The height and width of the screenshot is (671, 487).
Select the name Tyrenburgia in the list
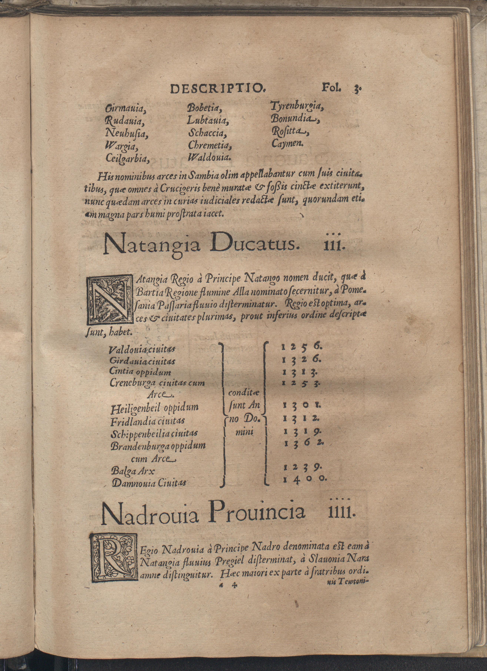coord(296,107)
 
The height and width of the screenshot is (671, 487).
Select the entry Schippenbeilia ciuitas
coord(154,434)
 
